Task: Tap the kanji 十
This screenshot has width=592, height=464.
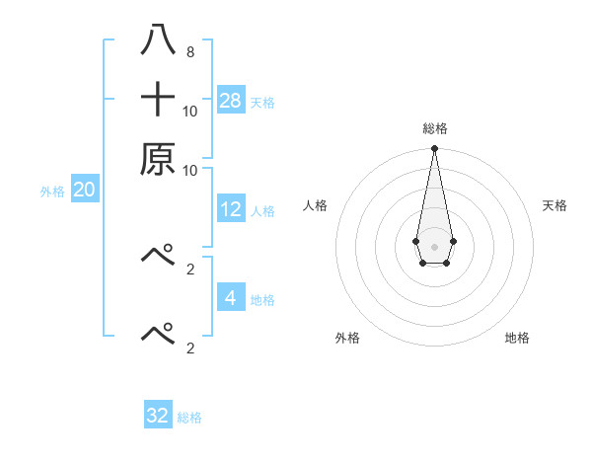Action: [159, 100]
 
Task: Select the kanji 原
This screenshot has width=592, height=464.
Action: [159, 158]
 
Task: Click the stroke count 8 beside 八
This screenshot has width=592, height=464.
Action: [189, 51]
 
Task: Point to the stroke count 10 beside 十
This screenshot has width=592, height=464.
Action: [190, 111]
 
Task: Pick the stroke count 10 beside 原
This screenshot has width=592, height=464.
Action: [190, 169]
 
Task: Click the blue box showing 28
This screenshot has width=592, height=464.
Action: [231, 100]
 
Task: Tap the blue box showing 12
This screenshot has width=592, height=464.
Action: [231, 209]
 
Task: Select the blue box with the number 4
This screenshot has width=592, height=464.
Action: [231, 297]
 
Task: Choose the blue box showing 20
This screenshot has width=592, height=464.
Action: [84, 189]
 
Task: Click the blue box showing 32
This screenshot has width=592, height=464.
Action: [158, 416]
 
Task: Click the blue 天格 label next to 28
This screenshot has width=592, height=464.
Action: [262, 102]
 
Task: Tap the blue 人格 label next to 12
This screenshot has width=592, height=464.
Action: [262, 210]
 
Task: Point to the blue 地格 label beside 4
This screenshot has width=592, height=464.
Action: [262, 299]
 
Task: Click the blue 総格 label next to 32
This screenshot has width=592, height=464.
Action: [189, 418]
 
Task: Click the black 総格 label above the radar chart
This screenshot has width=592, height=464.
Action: [435, 128]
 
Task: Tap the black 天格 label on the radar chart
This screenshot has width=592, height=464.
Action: [555, 205]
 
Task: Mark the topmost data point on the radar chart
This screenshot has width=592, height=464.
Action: [434, 148]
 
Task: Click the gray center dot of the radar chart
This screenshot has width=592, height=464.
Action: [434, 245]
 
